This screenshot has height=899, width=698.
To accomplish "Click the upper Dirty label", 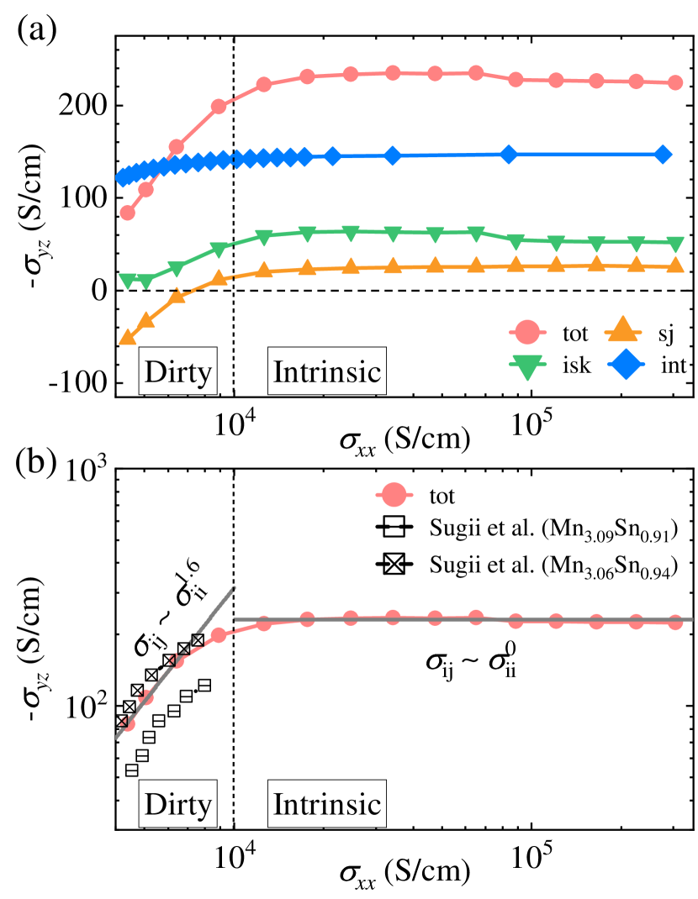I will click(x=177, y=371).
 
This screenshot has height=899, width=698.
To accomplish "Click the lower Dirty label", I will click(x=177, y=804).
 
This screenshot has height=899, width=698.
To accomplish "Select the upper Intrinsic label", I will click(x=327, y=371).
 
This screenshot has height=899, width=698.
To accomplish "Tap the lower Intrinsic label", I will click(x=327, y=804).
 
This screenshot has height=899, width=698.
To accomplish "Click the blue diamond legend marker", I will click(x=626, y=365).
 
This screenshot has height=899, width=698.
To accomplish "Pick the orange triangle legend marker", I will click(x=621, y=331).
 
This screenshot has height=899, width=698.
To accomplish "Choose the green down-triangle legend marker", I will click(x=527, y=366).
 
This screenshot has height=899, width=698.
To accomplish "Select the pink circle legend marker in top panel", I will click(x=527, y=333).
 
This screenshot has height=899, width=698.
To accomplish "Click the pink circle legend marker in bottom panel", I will click(x=394, y=496).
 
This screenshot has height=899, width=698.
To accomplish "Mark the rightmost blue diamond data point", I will click(x=663, y=155).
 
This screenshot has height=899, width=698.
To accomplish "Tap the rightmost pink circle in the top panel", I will click(x=674, y=83).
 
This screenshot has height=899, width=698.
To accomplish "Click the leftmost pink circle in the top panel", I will click(x=128, y=213).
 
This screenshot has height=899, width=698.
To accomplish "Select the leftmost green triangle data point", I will click(x=128, y=281).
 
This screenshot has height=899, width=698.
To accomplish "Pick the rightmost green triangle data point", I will click(x=674, y=244).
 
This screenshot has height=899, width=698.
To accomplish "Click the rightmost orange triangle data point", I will click(x=674, y=266).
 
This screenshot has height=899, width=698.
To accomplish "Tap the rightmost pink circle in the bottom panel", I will click(x=674, y=623).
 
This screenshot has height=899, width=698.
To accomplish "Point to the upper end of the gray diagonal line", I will click(x=234, y=587).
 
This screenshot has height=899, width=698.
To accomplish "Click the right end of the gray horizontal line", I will click(x=691, y=619).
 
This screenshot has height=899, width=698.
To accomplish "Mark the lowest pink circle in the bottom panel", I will click(x=128, y=723).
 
